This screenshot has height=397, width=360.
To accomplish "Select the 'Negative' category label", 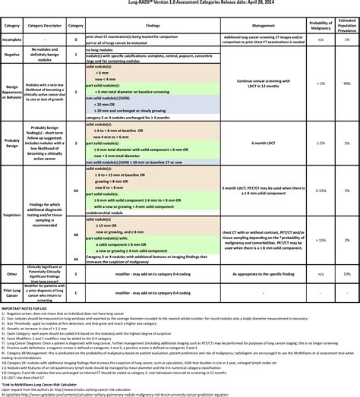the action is (12, 55).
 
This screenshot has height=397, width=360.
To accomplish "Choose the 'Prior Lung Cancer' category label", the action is (12, 292).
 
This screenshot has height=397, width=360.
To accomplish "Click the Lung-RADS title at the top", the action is (180, 3).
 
